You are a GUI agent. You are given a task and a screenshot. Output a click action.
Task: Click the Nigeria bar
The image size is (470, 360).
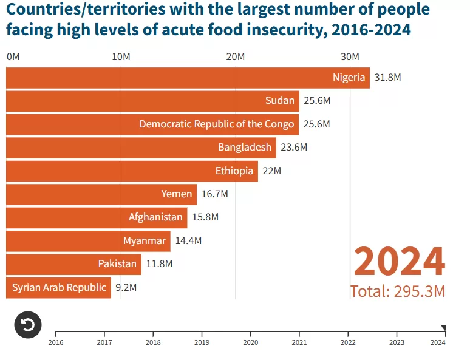tap(188, 78)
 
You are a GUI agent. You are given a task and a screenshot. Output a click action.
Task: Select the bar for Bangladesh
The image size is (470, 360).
tap(141, 148)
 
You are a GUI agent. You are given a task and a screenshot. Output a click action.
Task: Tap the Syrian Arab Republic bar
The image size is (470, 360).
tap(58, 288)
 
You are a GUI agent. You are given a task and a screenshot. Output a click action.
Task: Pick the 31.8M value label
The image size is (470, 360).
tap(388, 78)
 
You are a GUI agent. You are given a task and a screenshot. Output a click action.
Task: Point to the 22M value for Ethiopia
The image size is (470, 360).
tap(271, 171)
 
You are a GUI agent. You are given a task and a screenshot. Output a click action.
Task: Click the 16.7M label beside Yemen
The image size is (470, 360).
tap(214, 194)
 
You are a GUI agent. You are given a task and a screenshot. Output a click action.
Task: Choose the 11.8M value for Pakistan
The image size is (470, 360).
tap(159, 264)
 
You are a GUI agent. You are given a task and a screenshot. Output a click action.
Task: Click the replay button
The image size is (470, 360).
tap(28, 325)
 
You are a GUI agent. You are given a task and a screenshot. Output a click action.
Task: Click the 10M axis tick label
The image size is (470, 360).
tap(121, 57)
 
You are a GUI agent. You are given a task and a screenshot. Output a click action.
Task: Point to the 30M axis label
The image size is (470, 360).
tap(350, 57)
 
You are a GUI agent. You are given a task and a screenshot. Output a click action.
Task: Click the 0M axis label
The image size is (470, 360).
tap(13, 57)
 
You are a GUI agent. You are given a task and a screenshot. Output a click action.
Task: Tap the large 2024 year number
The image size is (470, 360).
tap(399, 262)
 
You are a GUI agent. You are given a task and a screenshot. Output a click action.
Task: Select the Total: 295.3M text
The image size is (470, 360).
tap(398, 291)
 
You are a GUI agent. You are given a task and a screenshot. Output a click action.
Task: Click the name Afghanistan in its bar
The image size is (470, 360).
tap(155, 217)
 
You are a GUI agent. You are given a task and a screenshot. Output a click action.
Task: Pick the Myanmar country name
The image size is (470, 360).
tap(145, 241)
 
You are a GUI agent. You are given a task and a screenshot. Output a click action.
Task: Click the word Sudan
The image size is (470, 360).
tap(280, 101)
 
